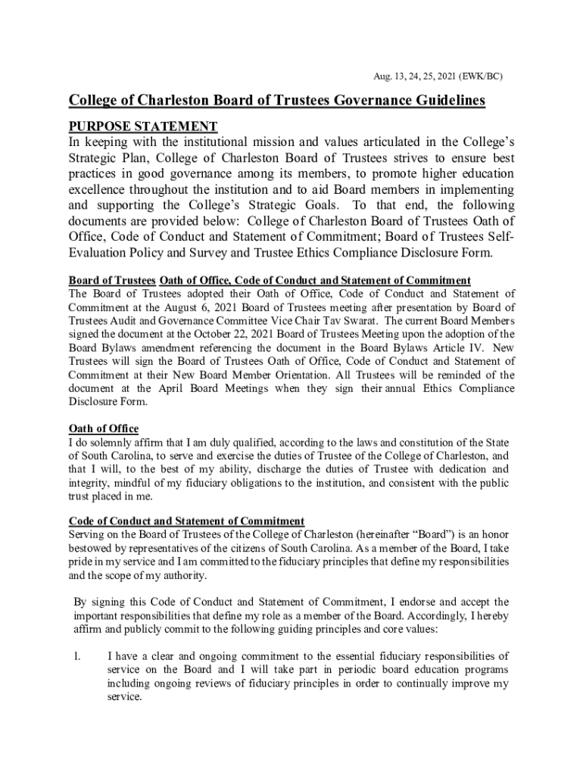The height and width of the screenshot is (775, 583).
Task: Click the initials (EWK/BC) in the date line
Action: point(479,76)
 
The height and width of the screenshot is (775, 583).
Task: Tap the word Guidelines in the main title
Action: point(441,101)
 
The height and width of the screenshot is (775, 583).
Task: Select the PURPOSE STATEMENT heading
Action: point(143,126)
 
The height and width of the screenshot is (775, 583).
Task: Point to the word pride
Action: point(82,562)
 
